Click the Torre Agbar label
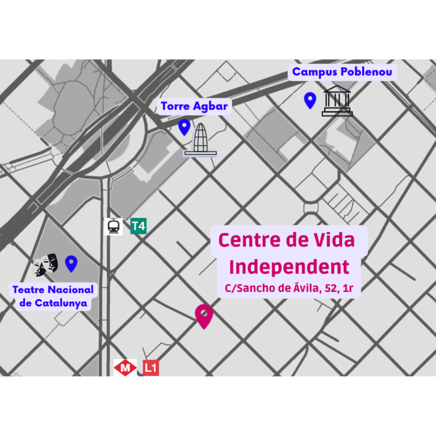tap(194, 106)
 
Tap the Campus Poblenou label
tap(342, 72)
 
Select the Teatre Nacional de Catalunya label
tap(53, 296)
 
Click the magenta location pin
tap(204, 315)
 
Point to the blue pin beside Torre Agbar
tap(184, 127)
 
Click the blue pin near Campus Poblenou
tap(310, 100)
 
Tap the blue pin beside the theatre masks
tap(71, 263)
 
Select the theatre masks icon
tap(46, 264)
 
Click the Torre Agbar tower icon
tap(200, 139)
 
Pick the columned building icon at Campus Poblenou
tap(337, 100)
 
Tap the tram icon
tap(114, 227)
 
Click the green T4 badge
tap(138, 227)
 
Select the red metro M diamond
tap(125, 368)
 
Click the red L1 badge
tap(150, 368)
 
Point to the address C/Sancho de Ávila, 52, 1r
tap(290, 288)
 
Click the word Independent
tap(289, 266)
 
